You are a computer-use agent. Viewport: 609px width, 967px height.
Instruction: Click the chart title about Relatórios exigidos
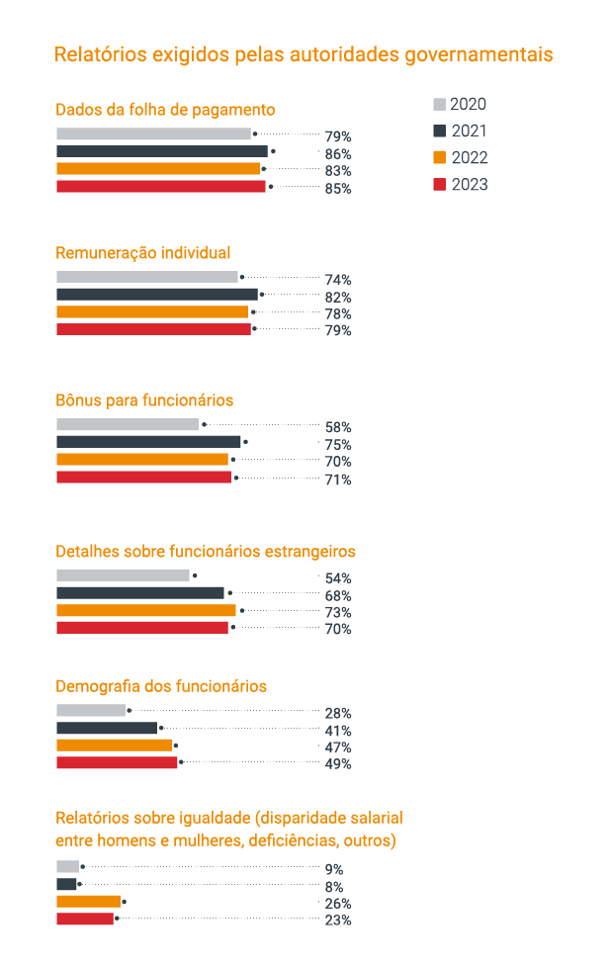(x=303, y=53)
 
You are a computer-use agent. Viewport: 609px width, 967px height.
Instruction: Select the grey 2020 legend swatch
(x=439, y=105)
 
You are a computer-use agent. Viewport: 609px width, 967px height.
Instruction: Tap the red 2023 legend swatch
(x=439, y=184)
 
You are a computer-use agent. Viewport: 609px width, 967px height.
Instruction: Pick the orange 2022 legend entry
(x=461, y=157)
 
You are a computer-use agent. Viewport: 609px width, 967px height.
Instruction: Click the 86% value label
(x=337, y=154)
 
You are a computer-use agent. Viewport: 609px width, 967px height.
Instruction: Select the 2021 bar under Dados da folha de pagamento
(x=161, y=151)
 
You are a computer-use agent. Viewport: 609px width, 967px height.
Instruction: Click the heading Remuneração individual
(x=142, y=252)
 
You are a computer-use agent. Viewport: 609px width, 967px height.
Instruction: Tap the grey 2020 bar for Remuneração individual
(x=146, y=277)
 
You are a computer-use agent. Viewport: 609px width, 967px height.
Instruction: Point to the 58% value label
(x=337, y=427)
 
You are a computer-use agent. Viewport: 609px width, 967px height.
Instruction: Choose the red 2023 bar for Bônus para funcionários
(x=143, y=477)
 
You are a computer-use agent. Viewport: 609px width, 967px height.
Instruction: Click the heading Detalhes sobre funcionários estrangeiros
(x=205, y=551)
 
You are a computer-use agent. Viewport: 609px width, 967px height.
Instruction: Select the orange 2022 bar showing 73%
(x=145, y=610)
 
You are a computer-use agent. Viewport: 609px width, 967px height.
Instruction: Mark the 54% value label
(x=337, y=578)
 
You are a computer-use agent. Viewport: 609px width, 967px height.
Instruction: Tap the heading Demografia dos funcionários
(x=161, y=686)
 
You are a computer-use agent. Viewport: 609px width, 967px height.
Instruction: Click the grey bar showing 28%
(x=91, y=710)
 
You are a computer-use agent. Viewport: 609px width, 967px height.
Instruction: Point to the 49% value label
(x=337, y=763)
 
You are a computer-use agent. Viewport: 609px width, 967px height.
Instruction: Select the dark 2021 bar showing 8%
(x=66, y=884)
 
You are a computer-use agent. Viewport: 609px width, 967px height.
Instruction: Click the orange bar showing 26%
(x=88, y=901)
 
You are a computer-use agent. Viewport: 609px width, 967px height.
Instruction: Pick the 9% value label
(x=333, y=869)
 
